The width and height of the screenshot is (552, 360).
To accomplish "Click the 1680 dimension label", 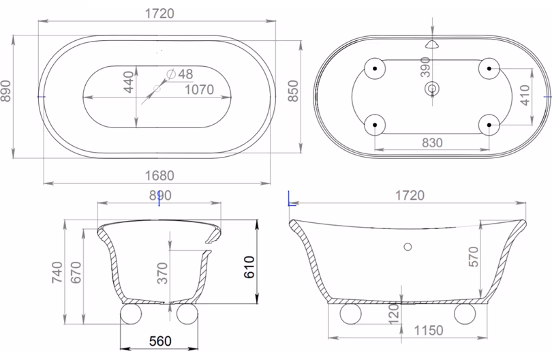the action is pyautogui.click(x=159, y=175).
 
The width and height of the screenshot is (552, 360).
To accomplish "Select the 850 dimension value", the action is pyautogui.click(x=293, y=91).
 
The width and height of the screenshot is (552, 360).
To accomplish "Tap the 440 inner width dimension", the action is pyautogui.click(x=129, y=82).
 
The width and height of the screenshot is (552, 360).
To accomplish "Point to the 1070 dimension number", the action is pyautogui.click(x=199, y=89).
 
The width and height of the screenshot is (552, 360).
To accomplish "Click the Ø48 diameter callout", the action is pyautogui.click(x=180, y=74).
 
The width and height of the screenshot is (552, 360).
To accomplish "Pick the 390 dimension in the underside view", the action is pyautogui.click(x=425, y=67).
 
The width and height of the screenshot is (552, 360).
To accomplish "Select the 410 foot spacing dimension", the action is pyautogui.click(x=525, y=95).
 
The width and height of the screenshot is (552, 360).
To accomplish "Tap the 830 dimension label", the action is pyautogui.click(x=432, y=142).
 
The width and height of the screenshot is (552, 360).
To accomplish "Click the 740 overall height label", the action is pyautogui.click(x=57, y=272).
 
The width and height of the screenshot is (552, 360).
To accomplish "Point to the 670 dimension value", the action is pyautogui.click(x=76, y=272).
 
